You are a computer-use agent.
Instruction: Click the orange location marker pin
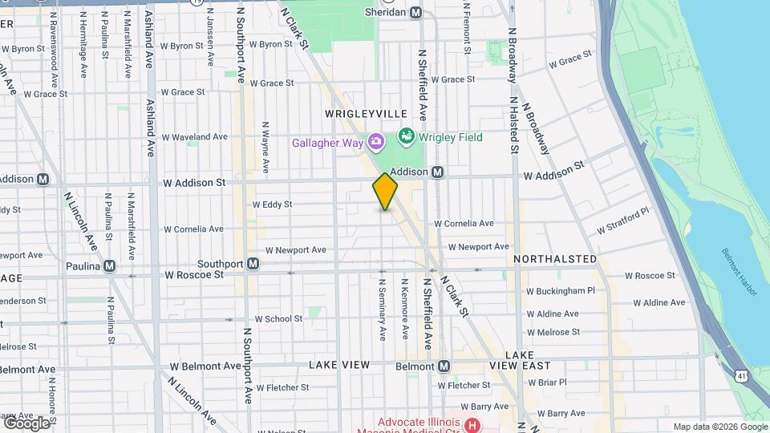(385, 191)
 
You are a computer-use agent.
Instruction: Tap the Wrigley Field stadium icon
(406, 136)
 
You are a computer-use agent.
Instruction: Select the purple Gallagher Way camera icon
(375, 143)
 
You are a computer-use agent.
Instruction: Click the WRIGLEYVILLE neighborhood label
(367, 114)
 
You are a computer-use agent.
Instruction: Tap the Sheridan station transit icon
(415, 12)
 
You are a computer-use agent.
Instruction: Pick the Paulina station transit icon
(109, 266)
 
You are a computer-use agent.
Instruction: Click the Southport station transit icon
(253, 263)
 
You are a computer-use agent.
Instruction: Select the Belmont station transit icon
(443, 366)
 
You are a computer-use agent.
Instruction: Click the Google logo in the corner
(26, 422)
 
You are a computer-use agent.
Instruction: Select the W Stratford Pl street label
(622, 222)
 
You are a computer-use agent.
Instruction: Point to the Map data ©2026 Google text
(719, 427)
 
